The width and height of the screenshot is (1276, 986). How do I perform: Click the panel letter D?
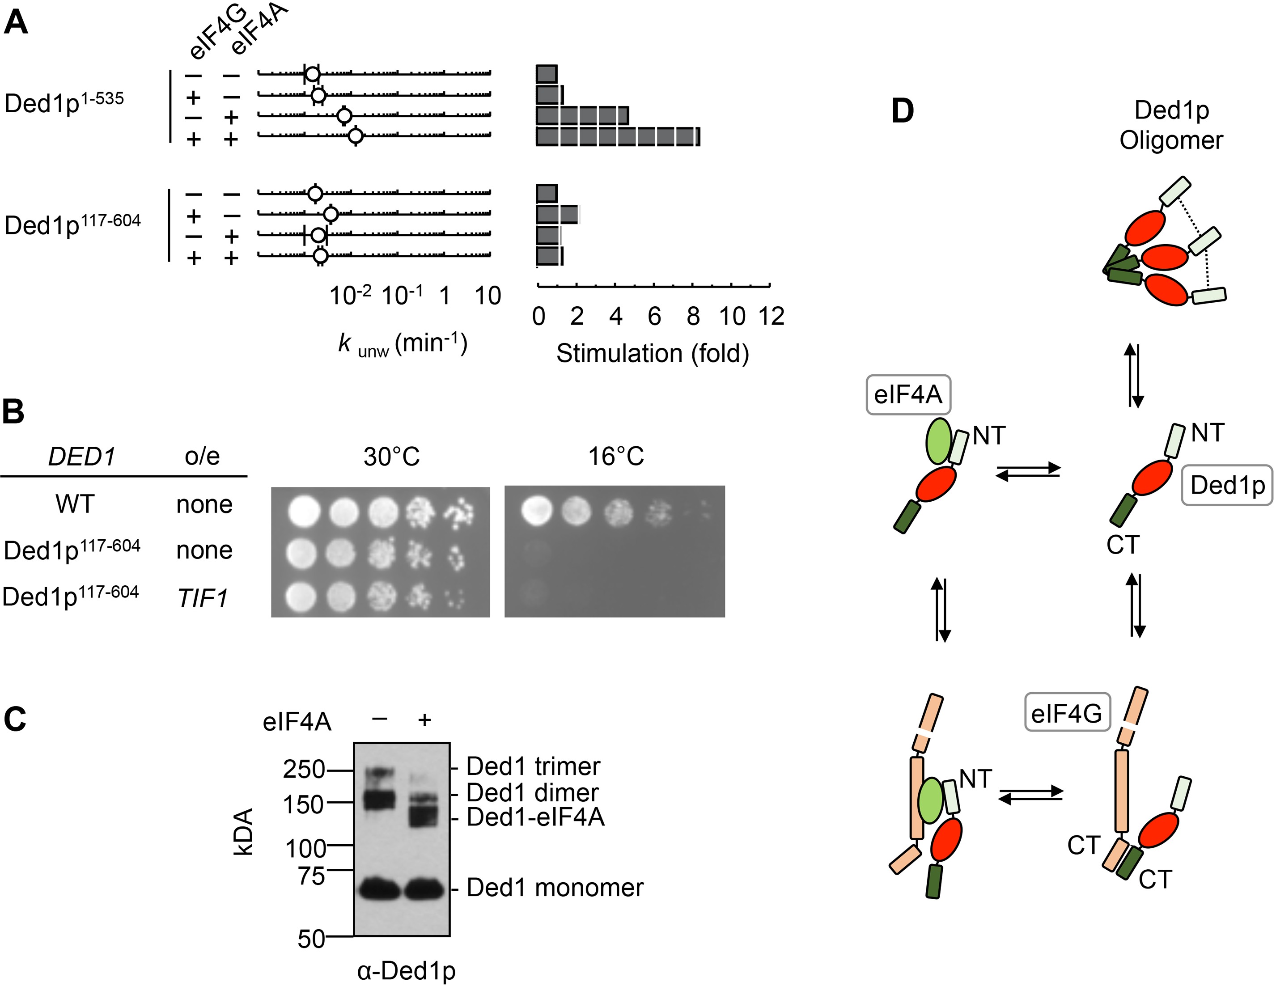pos(902,111)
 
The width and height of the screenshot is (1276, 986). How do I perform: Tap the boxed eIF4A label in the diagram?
pos(908,395)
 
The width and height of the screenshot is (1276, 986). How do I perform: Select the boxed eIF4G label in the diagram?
pos(1067,713)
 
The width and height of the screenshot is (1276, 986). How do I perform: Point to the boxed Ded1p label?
pos(1227,485)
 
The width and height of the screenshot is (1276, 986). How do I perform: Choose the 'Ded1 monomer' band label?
pos(555,887)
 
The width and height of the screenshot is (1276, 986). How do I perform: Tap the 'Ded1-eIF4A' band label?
pos(535,817)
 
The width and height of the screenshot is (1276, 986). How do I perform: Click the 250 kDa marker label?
pos(304,769)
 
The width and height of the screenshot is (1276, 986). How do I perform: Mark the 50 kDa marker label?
pos(311,939)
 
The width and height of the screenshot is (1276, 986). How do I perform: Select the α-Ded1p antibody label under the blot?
pos(406,970)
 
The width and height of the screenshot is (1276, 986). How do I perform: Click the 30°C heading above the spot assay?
pos(391,456)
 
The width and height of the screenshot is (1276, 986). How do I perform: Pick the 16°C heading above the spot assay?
pos(616,456)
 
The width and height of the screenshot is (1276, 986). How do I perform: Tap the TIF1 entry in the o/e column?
pos(202,597)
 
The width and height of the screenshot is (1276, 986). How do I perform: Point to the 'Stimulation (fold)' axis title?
pos(652,353)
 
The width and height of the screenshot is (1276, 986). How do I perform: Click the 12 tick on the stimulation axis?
pos(771,316)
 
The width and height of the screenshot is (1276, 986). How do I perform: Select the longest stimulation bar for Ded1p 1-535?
pos(618,137)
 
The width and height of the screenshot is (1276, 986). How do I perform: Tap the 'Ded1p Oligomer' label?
pos(1171,125)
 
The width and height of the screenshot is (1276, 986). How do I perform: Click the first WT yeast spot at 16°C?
pos(537,512)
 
